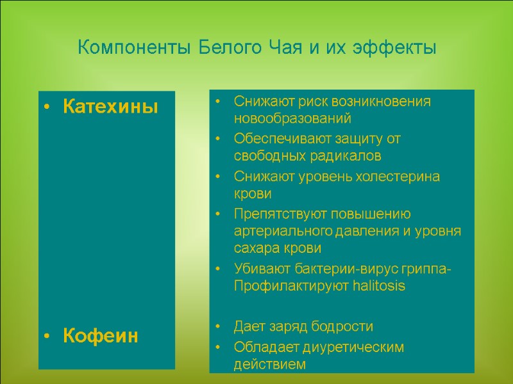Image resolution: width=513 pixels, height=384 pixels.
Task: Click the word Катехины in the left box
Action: (110, 107)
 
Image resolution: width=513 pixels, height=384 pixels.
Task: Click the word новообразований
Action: (292, 119)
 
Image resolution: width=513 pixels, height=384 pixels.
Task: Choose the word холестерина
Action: (401, 176)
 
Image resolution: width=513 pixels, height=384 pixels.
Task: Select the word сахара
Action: (255, 248)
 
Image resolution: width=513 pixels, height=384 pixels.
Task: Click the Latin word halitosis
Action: (379, 286)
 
